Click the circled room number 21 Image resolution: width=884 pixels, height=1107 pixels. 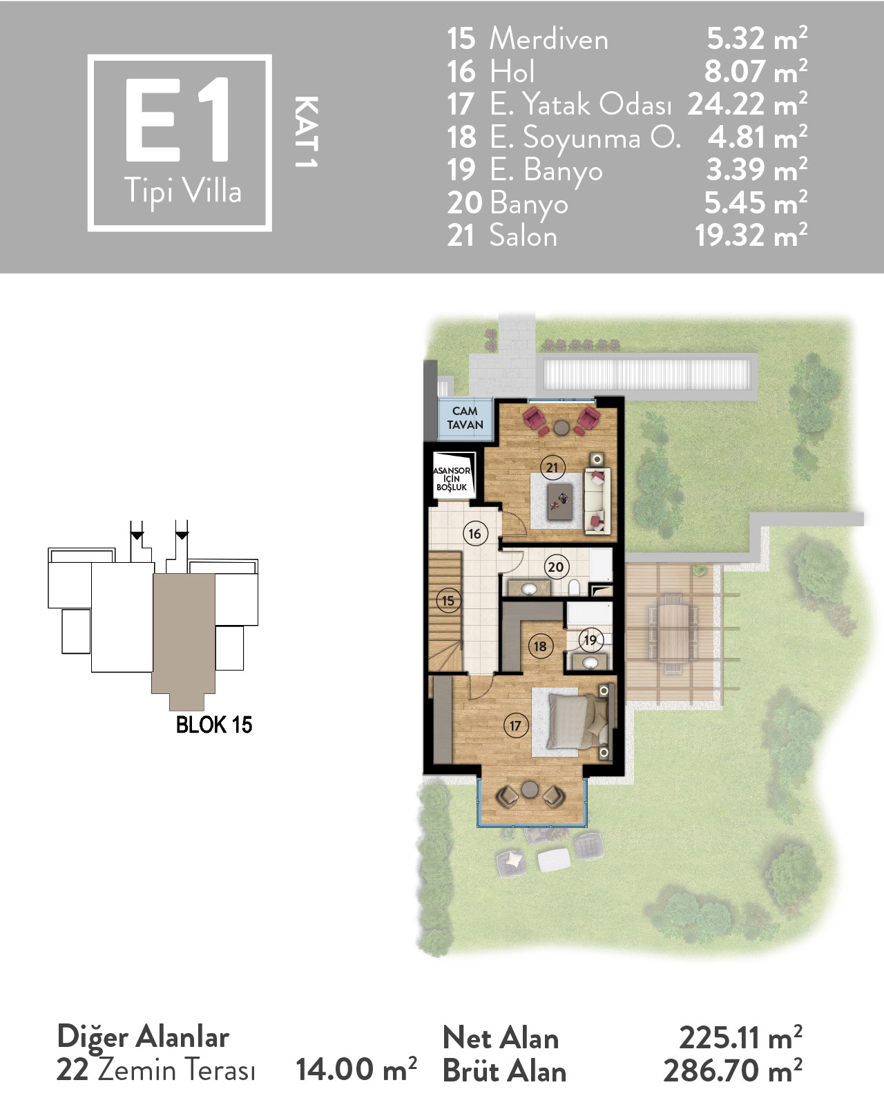pyautogui.click(x=552, y=468)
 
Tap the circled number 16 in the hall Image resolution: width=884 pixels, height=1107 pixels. pyautogui.click(x=475, y=534)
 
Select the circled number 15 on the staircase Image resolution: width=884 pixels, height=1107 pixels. pyautogui.click(x=448, y=601)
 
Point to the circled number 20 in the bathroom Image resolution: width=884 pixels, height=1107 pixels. pyautogui.click(x=556, y=568)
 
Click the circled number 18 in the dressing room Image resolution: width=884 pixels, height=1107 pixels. pyautogui.click(x=540, y=646)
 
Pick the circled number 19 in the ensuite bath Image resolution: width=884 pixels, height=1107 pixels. pyautogui.click(x=590, y=640)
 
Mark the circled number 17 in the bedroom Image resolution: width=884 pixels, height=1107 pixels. pyautogui.click(x=516, y=726)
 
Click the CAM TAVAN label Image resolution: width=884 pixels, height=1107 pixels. pyautogui.click(x=465, y=418)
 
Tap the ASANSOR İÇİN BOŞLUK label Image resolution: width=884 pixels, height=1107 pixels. pyautogui.click(x=452, y=479)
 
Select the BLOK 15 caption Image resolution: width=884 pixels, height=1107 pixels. pyautogui.click(x=214, y=725)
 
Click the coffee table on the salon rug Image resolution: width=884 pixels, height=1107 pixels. pyautogui.click(x=560, y=501)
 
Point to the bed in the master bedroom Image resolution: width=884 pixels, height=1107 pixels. pyautogui.click(x=579, y=721)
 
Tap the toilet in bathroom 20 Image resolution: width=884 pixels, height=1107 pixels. pyautogui.click(x=575, y=587)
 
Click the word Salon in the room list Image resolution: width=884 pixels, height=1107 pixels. pyautogui.click(x=523, y=235)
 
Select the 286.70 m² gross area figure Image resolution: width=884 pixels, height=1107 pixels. pyautogui.click(x=733, y=1070)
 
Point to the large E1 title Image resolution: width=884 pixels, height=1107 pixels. pyautogui.click(x=178, y=119)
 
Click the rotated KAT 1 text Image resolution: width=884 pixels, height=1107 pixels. pyautogui.click(x=306, y=132)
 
